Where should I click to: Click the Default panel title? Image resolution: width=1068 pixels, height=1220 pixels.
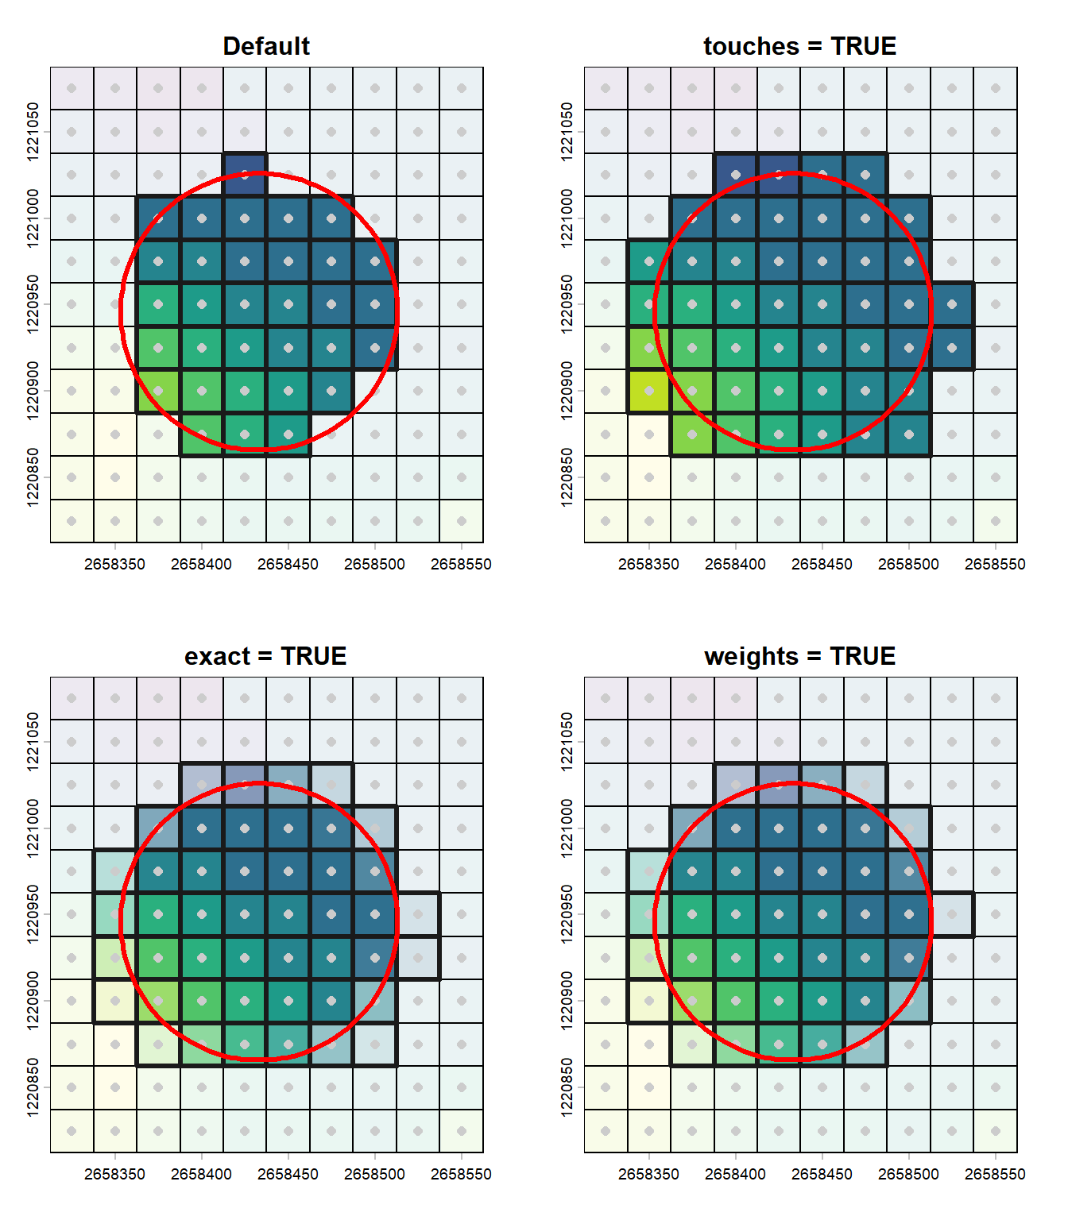click(266, 46)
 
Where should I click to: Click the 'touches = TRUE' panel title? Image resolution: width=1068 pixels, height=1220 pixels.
click(799, 46)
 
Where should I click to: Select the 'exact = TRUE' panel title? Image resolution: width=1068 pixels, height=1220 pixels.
click(265, 656)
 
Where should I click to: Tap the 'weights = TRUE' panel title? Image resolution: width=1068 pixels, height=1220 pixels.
click(799, 656)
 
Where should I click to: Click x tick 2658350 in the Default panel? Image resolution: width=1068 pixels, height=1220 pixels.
click(114, 564)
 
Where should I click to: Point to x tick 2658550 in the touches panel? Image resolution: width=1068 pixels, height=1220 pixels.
click(995, 564)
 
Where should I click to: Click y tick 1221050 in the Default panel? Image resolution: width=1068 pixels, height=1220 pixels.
click(33, 132)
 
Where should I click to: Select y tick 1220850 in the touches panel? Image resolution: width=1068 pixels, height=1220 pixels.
click(567, 477)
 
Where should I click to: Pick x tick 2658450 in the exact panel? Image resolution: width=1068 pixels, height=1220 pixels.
click(288, 1174)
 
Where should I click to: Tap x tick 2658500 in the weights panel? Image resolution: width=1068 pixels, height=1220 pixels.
click(908, 1174)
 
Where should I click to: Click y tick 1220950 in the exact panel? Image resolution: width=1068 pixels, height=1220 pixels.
click(33, 914)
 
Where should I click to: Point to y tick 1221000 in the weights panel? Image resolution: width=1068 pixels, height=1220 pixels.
click(567, 828)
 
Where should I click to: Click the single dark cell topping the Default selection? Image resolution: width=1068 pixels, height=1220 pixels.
click(245, 175)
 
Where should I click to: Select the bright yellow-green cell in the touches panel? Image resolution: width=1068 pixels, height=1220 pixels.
click(649, 391)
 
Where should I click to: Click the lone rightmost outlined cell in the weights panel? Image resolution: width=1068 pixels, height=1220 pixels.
click(952, 914)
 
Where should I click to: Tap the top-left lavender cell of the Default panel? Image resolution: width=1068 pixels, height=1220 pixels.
click(72, 88)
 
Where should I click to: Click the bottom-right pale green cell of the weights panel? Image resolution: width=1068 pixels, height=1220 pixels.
click(995, 1131)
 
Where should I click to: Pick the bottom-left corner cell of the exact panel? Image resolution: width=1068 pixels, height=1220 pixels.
click(72, 1131)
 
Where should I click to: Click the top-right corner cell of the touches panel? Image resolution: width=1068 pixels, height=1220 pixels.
click(995, 88)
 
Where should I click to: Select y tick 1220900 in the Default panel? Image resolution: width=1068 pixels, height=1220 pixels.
click(33, 391)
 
